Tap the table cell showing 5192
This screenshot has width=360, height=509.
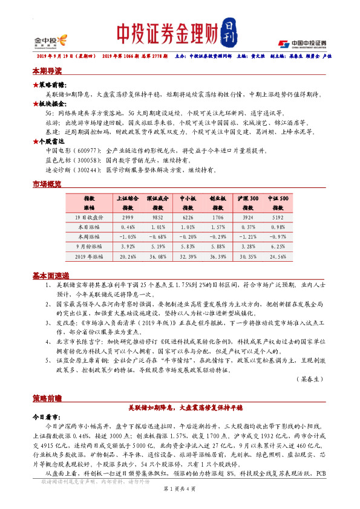tap(278, 217)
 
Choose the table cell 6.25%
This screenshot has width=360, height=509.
tap(278, 247)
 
